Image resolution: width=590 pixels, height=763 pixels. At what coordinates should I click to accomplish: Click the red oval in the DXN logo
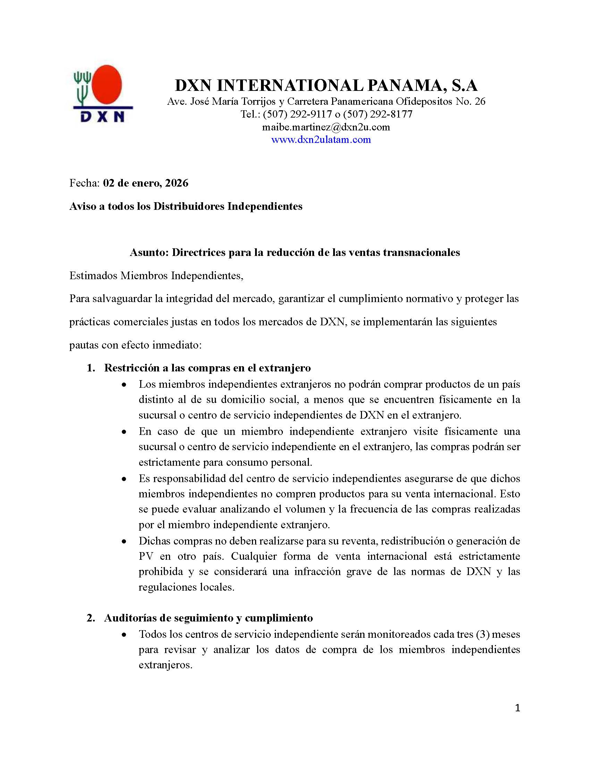[x=107, y=85]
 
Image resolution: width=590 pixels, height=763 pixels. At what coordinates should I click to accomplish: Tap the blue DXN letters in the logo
[x=102, y=116]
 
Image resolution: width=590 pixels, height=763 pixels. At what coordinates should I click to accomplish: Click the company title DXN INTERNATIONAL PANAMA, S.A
[x=326, y=85]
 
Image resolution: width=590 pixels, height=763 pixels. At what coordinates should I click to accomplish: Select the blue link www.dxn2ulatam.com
[x=321, y=140]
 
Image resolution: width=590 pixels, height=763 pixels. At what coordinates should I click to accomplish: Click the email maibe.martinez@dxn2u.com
[x=326, y=127]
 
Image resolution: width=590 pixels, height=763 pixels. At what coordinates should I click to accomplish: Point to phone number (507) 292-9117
[x=297, y=114]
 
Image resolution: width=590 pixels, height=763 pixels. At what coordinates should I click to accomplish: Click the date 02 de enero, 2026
[x=145, y=183]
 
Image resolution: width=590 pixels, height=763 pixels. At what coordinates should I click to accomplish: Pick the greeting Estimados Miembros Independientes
[x=156, y=276]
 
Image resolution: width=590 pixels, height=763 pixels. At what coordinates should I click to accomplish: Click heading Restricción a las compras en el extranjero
[x=207, y=368]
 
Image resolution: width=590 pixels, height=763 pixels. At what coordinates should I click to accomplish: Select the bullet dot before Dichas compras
[x=124, y=541]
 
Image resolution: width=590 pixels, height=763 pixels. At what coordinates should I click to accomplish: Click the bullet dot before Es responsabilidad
[x=124, y=479]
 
